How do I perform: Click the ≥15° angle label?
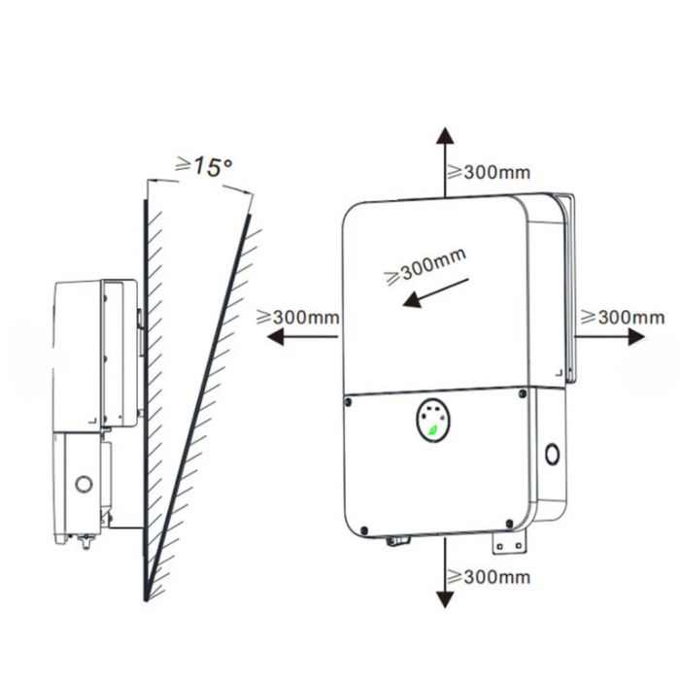tap(203, 166)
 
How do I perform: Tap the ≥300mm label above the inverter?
tap(489, 172)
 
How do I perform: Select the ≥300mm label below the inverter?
tap(489, 577)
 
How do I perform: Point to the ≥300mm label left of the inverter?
tap(298, 317)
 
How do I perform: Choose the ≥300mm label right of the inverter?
tap(623, 317)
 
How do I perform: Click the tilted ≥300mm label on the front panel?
tap(425, 266)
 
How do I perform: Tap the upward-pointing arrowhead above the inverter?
tap(445, 135)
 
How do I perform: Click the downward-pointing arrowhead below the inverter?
tap(445, 599)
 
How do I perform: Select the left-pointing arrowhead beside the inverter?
tap(275, 336)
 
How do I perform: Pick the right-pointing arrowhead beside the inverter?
tap(636, 336)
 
